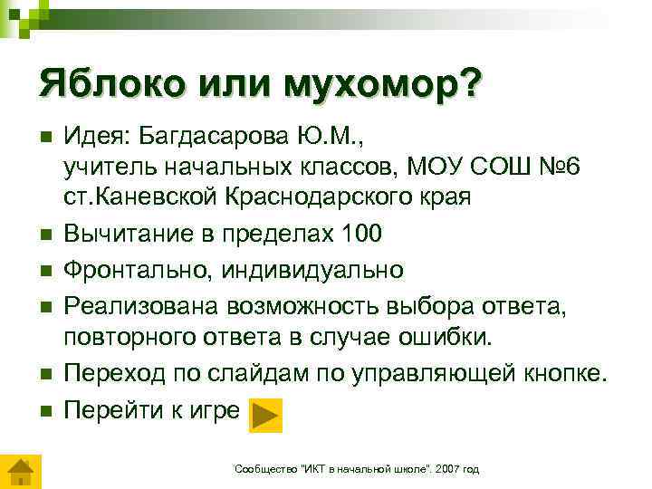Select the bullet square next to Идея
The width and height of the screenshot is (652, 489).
point(44,138)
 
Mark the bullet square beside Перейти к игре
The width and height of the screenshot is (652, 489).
point(44,411)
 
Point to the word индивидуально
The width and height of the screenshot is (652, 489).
point(309,270)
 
